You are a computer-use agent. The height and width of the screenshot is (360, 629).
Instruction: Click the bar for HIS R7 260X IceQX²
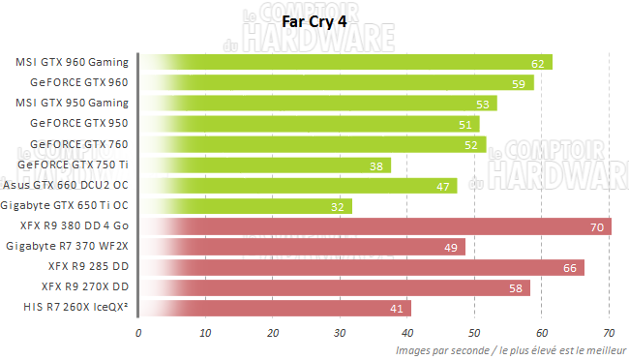[276, 308]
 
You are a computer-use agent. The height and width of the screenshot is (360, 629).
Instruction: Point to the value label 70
[599, 227]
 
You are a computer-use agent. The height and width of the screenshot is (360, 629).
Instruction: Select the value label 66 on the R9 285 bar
[572, 268]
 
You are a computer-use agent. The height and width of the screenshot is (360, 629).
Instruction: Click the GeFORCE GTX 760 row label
[78, 144]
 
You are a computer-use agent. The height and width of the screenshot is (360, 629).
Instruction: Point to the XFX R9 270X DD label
[85, 286]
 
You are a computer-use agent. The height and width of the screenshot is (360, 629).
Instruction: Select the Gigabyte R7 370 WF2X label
[67, 246]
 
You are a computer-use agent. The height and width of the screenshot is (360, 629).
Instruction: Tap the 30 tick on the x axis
[340, 333]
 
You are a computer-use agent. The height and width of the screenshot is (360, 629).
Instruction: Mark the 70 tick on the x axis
[608, 333]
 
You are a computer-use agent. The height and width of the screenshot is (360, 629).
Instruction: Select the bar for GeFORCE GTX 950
[310, 124]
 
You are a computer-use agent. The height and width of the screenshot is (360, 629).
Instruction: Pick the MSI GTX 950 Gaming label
[73, 103]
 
